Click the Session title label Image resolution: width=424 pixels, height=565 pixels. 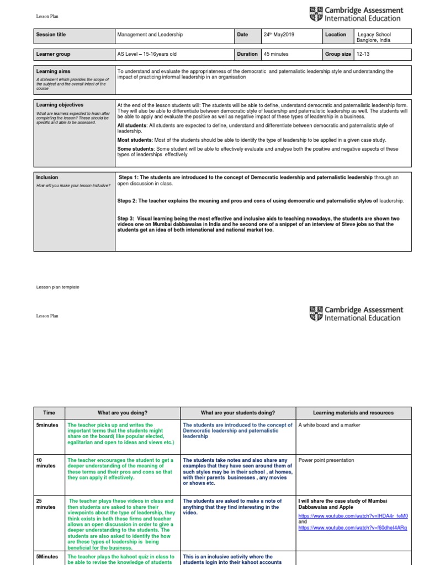51,35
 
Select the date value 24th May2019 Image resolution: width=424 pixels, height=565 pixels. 278,35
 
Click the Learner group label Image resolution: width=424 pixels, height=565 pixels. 53,54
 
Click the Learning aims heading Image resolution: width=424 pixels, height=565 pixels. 53,72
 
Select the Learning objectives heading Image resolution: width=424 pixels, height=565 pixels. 60,105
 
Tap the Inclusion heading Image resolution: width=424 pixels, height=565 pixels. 47,178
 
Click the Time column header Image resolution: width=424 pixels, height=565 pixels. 49,413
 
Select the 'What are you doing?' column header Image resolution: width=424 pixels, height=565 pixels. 123,413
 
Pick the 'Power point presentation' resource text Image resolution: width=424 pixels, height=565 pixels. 326,460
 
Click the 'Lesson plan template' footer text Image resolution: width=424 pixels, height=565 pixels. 57,287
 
